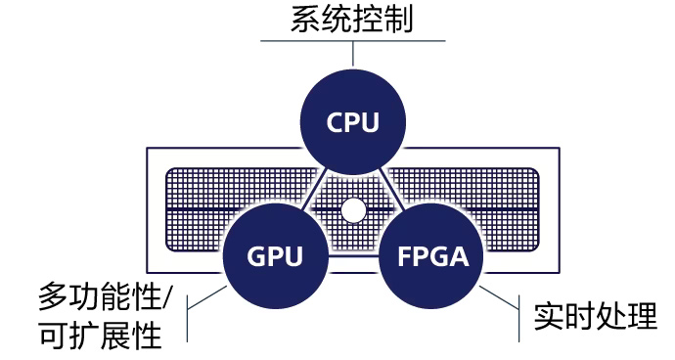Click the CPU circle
coord(352,123)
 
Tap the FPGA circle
coord(432,257)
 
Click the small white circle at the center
coord(353,209)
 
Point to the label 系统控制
coord(352,20)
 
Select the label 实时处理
coord(595,316)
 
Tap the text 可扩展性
coord(99,336)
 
